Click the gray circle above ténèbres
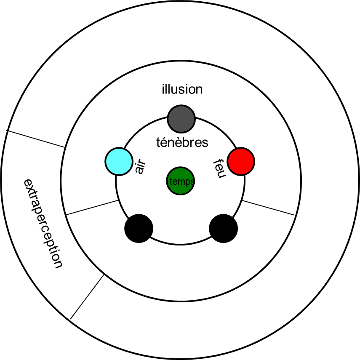coord(181,119)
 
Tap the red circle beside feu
coord(241,161)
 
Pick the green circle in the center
coord(180,181)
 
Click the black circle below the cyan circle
coord(139,229)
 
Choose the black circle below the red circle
coord(223,229)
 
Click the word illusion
coord(182,89)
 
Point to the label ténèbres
coord(182,143)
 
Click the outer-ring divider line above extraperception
coord(37,139)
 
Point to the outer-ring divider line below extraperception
coord(87,296)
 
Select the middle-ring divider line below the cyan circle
coord(92,208)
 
